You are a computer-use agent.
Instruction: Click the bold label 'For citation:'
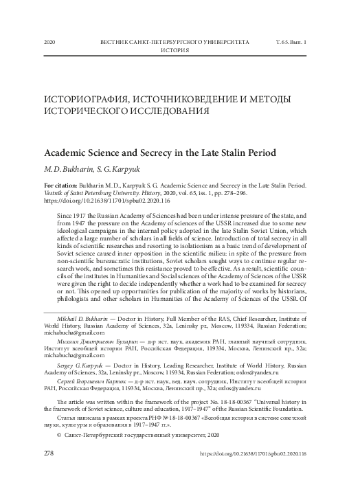pyautogui.click(x=61, y=186)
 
